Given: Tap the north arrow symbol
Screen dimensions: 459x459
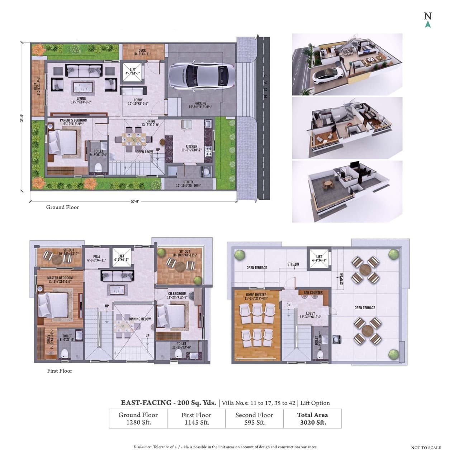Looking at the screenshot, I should coord(427,24).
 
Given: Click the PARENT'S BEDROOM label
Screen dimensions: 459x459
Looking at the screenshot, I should coord(74,120).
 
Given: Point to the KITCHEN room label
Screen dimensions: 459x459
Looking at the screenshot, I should coord(191,146).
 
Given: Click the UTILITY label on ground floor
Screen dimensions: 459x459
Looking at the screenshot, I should coord(188,182).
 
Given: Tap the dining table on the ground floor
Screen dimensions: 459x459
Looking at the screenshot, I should coord(134,139).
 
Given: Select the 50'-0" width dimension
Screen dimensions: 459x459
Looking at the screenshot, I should coord(134,201).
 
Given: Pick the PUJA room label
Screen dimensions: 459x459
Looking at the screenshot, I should coord(96,257).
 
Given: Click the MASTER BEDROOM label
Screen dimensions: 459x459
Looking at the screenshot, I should coord(60,278).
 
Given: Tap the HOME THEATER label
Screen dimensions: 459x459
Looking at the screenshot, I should coord(256,295).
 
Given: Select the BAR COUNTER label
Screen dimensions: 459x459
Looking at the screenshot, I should coord(313,293).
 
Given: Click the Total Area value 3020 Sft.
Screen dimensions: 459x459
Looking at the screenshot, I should coord(313,422).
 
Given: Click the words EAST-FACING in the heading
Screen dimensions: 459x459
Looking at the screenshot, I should coord(146,402).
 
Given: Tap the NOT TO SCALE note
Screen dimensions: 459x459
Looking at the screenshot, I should coord(426,448).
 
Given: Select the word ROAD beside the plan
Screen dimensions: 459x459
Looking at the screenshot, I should coord(266,86).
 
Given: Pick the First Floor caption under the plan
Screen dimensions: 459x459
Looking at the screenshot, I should coord(60,371).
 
